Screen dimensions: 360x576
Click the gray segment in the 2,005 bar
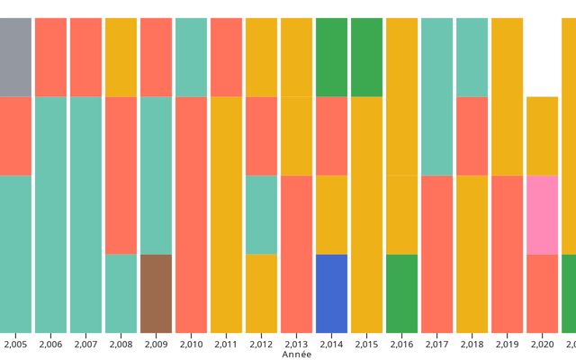pos(15,57)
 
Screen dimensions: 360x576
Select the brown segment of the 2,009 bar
pos(156,293)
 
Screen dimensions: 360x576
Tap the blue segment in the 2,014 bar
pos(332,293)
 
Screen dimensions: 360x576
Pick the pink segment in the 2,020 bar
pos(543,214)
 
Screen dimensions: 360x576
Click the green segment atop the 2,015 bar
pos(366,57)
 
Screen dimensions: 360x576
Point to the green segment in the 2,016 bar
pos(402,293)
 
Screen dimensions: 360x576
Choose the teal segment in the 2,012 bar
pos(262,214)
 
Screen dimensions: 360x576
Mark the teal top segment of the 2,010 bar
pos(191,57)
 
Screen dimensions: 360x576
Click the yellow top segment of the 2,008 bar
pos(121,57)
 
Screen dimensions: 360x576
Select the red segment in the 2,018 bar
pos(472,136)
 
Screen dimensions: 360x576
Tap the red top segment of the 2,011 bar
pos(226,57)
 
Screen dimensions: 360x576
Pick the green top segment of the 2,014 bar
pos(332,57)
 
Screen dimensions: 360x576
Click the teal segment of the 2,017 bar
pos(437,96)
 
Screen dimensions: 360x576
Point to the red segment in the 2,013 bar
pos(296,254)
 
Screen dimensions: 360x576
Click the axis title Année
pos(297,355)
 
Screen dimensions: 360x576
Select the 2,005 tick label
pos(15,344)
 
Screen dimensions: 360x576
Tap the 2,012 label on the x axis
pos(262,344)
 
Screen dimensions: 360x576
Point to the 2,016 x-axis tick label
pos(402,344)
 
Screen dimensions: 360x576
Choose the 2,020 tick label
pos(543,344)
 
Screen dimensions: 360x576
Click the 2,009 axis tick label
pos(156,344)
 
